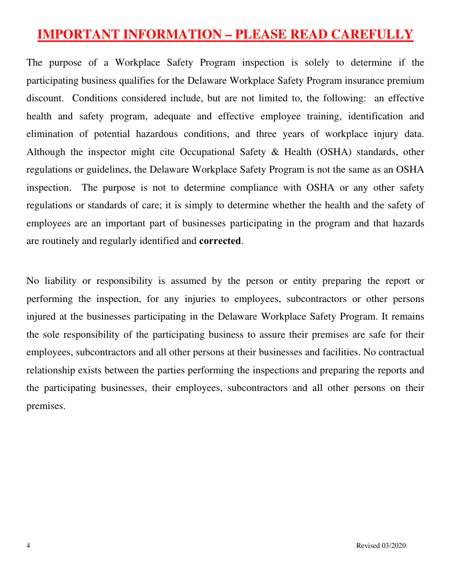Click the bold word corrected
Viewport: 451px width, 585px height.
220,241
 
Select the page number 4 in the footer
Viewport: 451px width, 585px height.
28,546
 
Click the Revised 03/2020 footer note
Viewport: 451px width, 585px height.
381,546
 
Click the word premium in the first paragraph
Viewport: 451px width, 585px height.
406,81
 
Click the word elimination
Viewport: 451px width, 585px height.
49,134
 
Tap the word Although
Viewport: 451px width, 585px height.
46,152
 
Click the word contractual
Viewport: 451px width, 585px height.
399,352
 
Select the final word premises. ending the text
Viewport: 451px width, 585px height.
46,406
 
